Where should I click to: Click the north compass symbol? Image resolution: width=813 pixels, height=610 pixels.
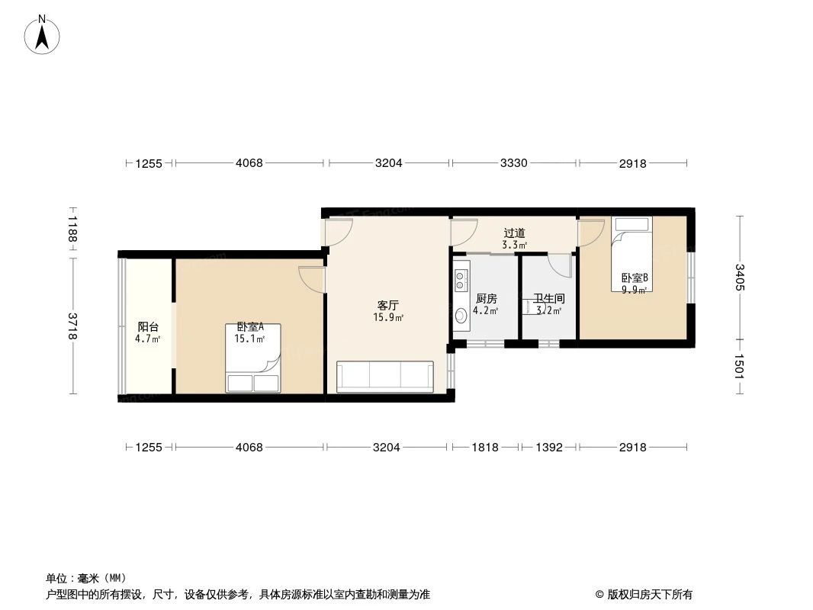43,34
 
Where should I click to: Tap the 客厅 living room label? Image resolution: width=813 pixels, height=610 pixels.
388,305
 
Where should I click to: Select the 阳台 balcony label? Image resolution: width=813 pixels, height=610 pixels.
148,327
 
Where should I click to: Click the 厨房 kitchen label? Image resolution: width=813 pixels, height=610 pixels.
486,299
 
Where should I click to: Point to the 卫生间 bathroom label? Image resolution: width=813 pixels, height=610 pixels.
548,299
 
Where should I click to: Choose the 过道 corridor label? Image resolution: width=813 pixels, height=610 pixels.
514,233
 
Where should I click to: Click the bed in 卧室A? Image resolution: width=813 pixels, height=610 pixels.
253,358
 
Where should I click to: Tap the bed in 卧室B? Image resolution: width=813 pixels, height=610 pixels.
631,254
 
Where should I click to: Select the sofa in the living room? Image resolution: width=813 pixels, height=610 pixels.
385,377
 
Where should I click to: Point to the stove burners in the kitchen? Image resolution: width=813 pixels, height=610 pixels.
461,279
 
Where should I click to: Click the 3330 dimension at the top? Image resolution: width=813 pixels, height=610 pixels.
514,163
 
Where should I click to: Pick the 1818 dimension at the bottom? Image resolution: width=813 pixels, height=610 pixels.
485,448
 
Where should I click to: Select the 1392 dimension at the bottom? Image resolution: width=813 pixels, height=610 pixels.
548,448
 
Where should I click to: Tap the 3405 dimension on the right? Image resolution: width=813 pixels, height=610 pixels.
740,278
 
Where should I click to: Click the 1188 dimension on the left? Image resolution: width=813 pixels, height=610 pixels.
72,229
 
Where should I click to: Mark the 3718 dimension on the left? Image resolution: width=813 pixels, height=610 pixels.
72,326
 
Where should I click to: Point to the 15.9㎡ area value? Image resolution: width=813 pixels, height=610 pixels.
388,318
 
